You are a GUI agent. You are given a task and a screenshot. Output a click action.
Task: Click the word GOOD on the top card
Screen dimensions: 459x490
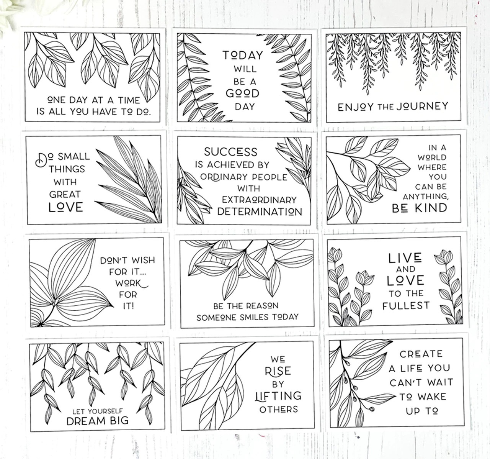242,93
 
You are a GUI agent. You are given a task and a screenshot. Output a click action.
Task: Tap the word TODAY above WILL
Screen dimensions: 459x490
243,56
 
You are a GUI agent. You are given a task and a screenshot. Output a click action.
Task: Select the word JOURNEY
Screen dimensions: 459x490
422,106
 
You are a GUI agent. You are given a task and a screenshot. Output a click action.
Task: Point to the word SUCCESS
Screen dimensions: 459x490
230,152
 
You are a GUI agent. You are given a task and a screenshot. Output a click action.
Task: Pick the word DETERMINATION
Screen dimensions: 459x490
260,211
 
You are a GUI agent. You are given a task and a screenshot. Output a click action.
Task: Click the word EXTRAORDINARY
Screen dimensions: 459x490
259,200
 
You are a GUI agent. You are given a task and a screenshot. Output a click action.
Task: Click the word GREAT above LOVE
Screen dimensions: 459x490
65,194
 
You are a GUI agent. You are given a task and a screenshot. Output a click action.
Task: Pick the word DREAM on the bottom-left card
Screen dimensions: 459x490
86,421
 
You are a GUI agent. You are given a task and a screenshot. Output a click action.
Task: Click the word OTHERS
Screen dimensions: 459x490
278,409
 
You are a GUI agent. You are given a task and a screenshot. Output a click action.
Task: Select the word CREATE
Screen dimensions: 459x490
421,354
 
